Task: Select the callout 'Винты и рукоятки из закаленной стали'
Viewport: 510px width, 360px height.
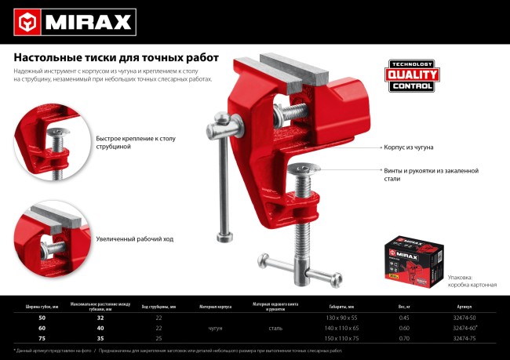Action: click(x=431, y=174)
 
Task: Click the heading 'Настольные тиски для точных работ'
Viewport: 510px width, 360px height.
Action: click(x=116, y=57)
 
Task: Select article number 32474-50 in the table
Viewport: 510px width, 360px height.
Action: click(x=464, y=317)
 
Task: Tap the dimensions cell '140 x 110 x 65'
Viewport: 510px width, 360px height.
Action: click(x=341, y=327)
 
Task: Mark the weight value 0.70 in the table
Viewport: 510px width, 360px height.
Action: click(x=404, y=337)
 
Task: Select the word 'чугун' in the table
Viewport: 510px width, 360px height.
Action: click(x=220, y=327)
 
